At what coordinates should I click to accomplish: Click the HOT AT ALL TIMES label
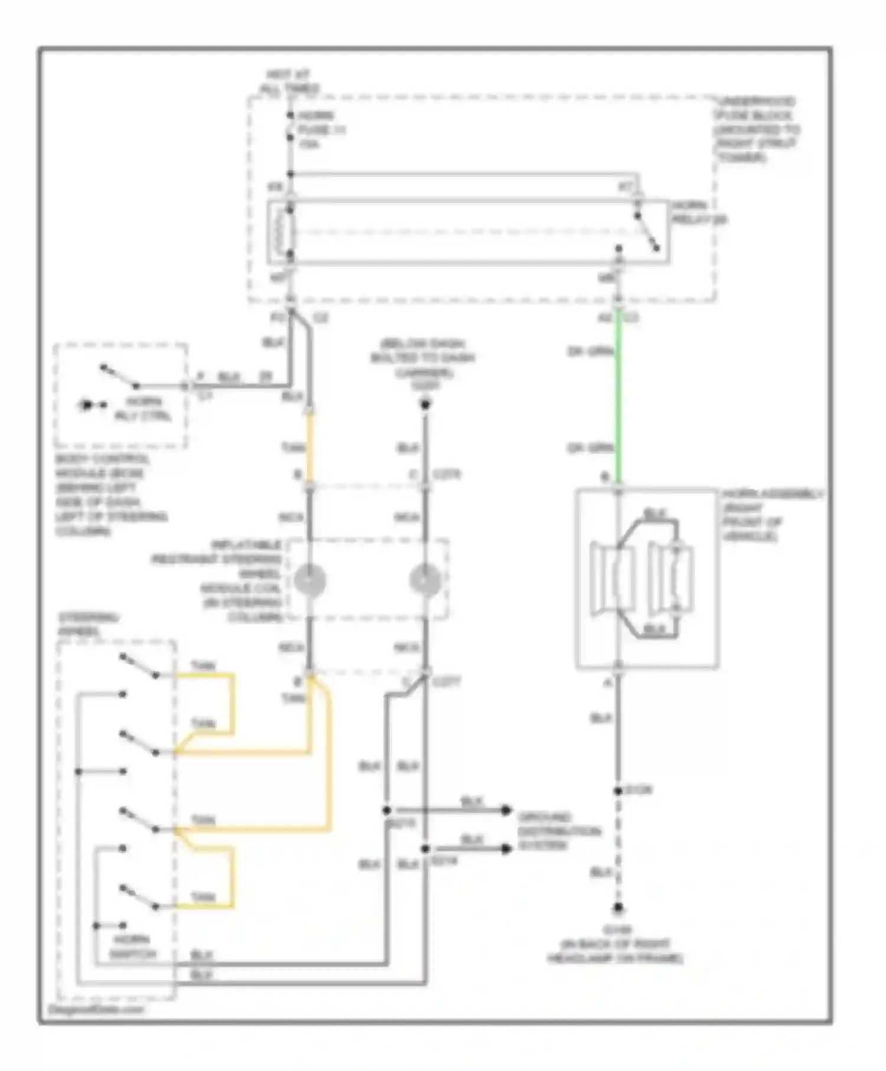tap(289, 81)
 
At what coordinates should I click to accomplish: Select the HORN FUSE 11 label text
tap(321, 129)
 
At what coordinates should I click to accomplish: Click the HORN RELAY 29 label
tap(699, 213)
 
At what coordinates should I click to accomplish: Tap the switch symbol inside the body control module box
tap(119, 377)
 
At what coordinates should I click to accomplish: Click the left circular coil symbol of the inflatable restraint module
tap(310, 580)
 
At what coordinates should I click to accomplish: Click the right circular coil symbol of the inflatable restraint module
tap(425, 580)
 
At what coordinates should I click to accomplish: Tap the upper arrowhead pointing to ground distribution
tap(506, 810)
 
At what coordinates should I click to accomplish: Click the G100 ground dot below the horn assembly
tap(618, 908)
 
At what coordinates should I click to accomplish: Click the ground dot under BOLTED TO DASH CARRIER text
tap(425, 404)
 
